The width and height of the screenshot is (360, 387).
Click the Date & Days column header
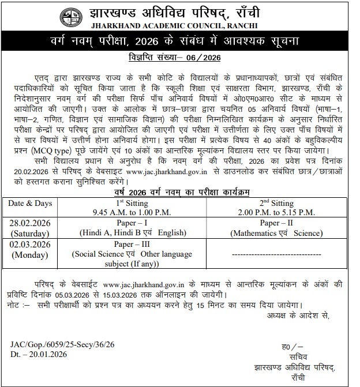(30, 204)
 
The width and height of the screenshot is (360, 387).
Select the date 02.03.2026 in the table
(30, 245)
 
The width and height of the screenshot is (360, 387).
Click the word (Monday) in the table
(30, 254)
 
